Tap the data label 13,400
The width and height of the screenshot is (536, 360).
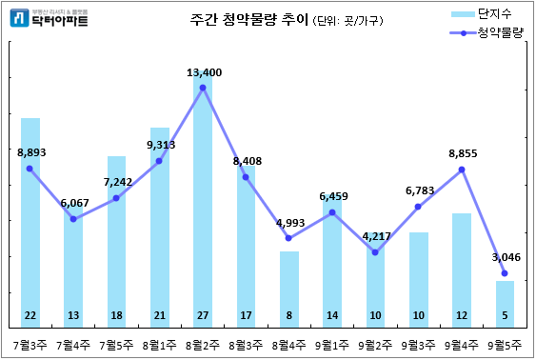(x=204, y=72)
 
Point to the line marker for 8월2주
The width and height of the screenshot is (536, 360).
(x=203, y=89)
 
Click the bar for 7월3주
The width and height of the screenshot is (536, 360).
(x=30, y=219)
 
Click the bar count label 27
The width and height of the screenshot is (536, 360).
(x=203, y=316)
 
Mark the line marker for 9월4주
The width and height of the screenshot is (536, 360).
(x=462, y=170)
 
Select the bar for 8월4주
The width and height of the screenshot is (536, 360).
(x=289, y=286)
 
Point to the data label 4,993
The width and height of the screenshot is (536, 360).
(x=289, y=223)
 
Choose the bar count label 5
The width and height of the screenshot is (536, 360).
(x=505, y=316)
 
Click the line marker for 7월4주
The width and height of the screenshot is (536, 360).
(x=73, y=220)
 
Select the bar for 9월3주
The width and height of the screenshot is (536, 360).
(x=419, y=276)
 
